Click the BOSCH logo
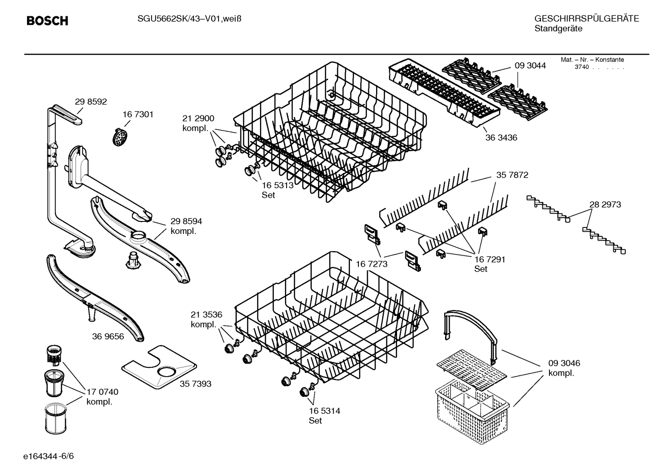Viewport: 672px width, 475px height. (47, 21)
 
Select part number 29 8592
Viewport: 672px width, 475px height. (91, 102)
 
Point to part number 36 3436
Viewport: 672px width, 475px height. (501, 138)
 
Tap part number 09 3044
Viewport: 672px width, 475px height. (530, 66)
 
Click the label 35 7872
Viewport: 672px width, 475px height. (512, 175)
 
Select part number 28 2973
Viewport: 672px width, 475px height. (605, 205)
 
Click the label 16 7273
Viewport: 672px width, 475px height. (371, 264)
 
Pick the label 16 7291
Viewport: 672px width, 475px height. (489, 260)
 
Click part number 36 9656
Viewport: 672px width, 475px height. (108, 336)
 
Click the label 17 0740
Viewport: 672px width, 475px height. (102, 392)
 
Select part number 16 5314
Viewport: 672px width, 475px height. (324, 411)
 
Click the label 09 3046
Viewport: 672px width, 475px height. (564, 364)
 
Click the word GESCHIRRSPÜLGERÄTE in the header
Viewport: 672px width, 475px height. (586, 19)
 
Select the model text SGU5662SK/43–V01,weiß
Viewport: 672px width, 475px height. (189, 19)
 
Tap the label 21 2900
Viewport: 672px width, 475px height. (198, 119)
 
